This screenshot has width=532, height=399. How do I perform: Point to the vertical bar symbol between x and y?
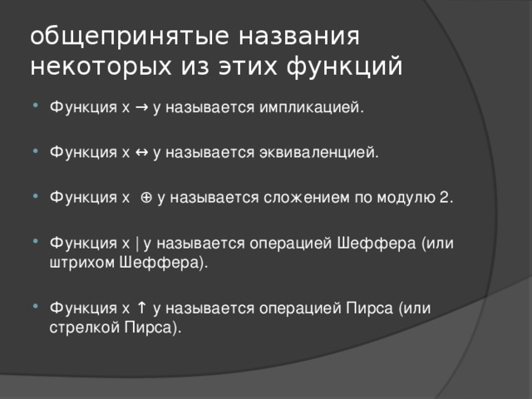136,244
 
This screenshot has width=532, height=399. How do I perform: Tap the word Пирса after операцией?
367,308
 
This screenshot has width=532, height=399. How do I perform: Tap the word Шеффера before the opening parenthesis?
377,244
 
